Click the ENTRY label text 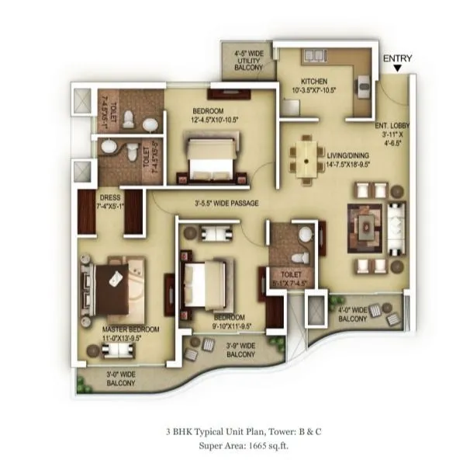pyautogui.click(x=397, y=58)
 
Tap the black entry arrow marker pyautogui.click(x=397, y=69)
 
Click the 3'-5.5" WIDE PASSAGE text pyautogui.click(x=226, y=204)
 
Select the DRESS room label pyautogui.click(x=109, y=203)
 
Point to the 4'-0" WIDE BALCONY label pyautogui.click(x=353, y=315)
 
